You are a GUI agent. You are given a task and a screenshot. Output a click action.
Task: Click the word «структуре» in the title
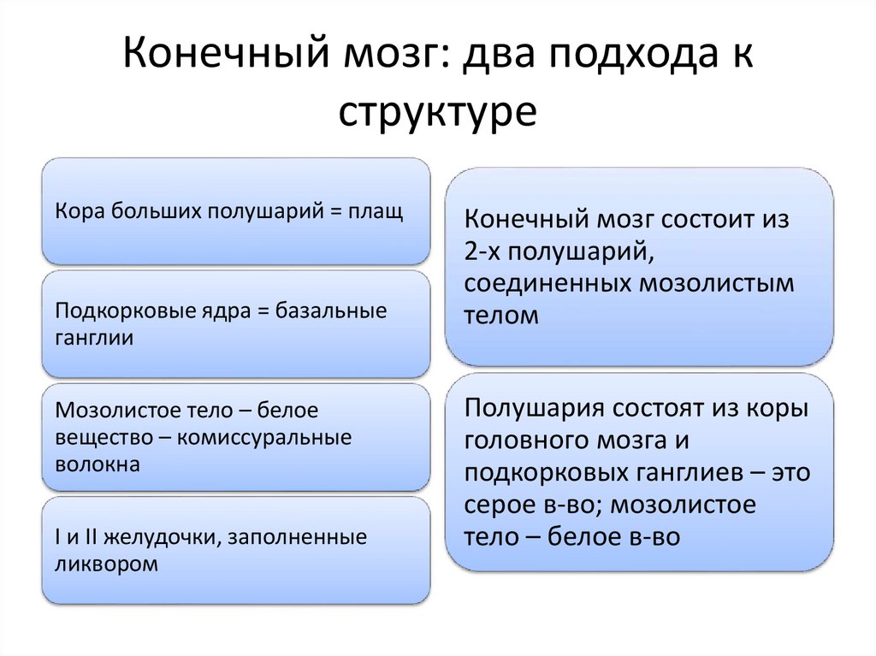click(x=437, y=112)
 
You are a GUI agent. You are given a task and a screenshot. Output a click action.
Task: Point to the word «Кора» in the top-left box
click(x=76, y=211)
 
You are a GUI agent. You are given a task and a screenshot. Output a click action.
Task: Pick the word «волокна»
click(x=97, y=465)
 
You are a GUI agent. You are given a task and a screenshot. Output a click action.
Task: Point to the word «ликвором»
click(x=106, y=564)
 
